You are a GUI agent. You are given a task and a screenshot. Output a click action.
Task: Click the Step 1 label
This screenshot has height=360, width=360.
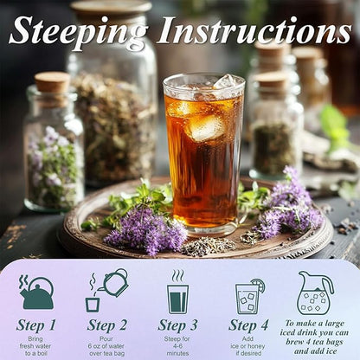(x=35, y=325)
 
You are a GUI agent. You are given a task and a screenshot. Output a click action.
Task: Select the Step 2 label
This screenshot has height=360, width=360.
(x=106, y=325)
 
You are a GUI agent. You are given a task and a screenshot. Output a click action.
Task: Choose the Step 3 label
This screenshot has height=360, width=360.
(x=177, y=325)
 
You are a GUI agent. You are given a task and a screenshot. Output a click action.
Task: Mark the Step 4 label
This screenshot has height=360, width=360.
(x=248, y=325)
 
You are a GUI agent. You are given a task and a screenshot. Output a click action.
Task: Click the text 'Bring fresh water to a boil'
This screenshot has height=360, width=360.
(x=35, y=346)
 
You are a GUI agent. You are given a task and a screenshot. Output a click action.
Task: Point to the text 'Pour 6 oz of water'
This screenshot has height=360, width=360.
(x=106, y=346)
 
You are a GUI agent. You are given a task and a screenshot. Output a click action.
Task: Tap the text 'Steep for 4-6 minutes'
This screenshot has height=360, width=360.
(x=177, y=346)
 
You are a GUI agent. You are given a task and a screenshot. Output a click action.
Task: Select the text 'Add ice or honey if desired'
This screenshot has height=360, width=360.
(x=248, y=346)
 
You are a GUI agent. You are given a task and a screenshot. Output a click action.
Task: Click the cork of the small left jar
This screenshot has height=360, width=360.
(x=52, y=82)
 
